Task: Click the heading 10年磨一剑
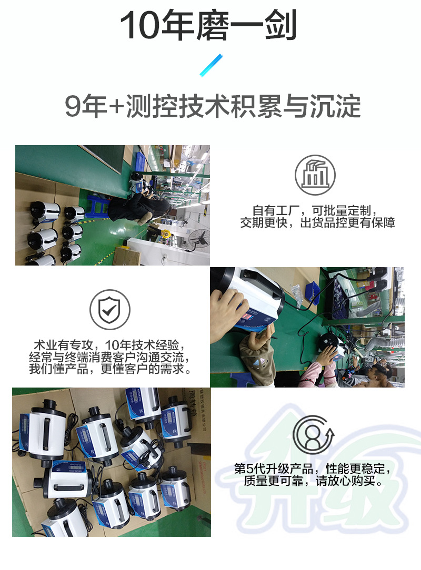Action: click(208, 25)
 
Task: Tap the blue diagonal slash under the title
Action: click(211, 65)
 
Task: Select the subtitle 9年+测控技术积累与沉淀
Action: click(213, 106)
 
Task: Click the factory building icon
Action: click(315, 175)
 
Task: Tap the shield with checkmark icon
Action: click(110, 309)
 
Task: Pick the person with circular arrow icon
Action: click(314, 435)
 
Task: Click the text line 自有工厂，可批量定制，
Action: click(315, 210)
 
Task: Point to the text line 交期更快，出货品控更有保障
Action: click(317, 222)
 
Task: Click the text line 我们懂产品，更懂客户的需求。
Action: click(110, 369)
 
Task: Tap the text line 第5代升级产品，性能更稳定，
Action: click(312, 469)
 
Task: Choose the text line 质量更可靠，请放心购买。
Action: click(313, 481)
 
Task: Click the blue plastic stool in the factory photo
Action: click(95, 206)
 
